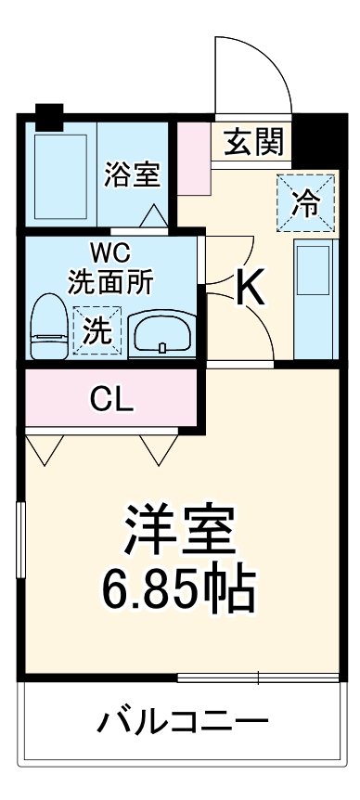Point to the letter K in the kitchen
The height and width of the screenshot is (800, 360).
[x=251, y=288]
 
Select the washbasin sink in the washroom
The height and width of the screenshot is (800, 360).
[x=161, y=333]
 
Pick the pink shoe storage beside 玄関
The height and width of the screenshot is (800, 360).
[x=194, y=156]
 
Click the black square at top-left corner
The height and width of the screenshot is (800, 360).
[x=47, y=117]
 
